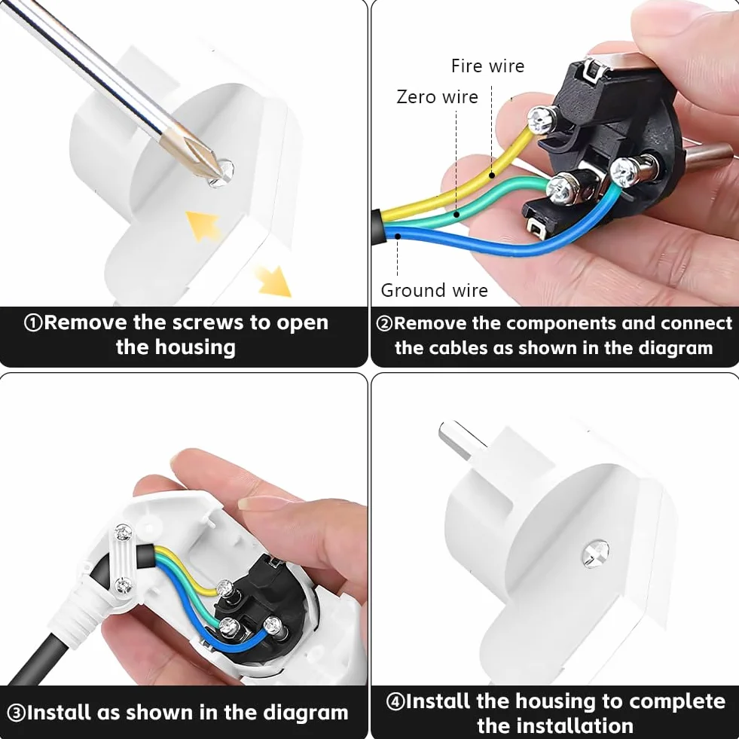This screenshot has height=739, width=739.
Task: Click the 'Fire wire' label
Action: [487, 66]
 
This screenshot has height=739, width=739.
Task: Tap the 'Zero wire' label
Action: [437, 96]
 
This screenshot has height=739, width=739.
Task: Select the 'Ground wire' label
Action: [434, 290]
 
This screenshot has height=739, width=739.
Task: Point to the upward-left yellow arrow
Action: [203, 225]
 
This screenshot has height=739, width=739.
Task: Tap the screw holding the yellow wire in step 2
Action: [542, 120]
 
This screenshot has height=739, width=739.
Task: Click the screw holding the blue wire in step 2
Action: [625, 172]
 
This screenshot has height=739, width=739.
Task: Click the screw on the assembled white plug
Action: [596, 553]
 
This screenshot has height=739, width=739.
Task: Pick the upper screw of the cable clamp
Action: [124, 533]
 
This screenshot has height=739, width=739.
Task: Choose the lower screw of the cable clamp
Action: [124, 586]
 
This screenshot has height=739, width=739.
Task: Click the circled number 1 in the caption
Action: [33, 323]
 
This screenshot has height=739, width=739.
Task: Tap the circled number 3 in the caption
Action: [17, 713]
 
